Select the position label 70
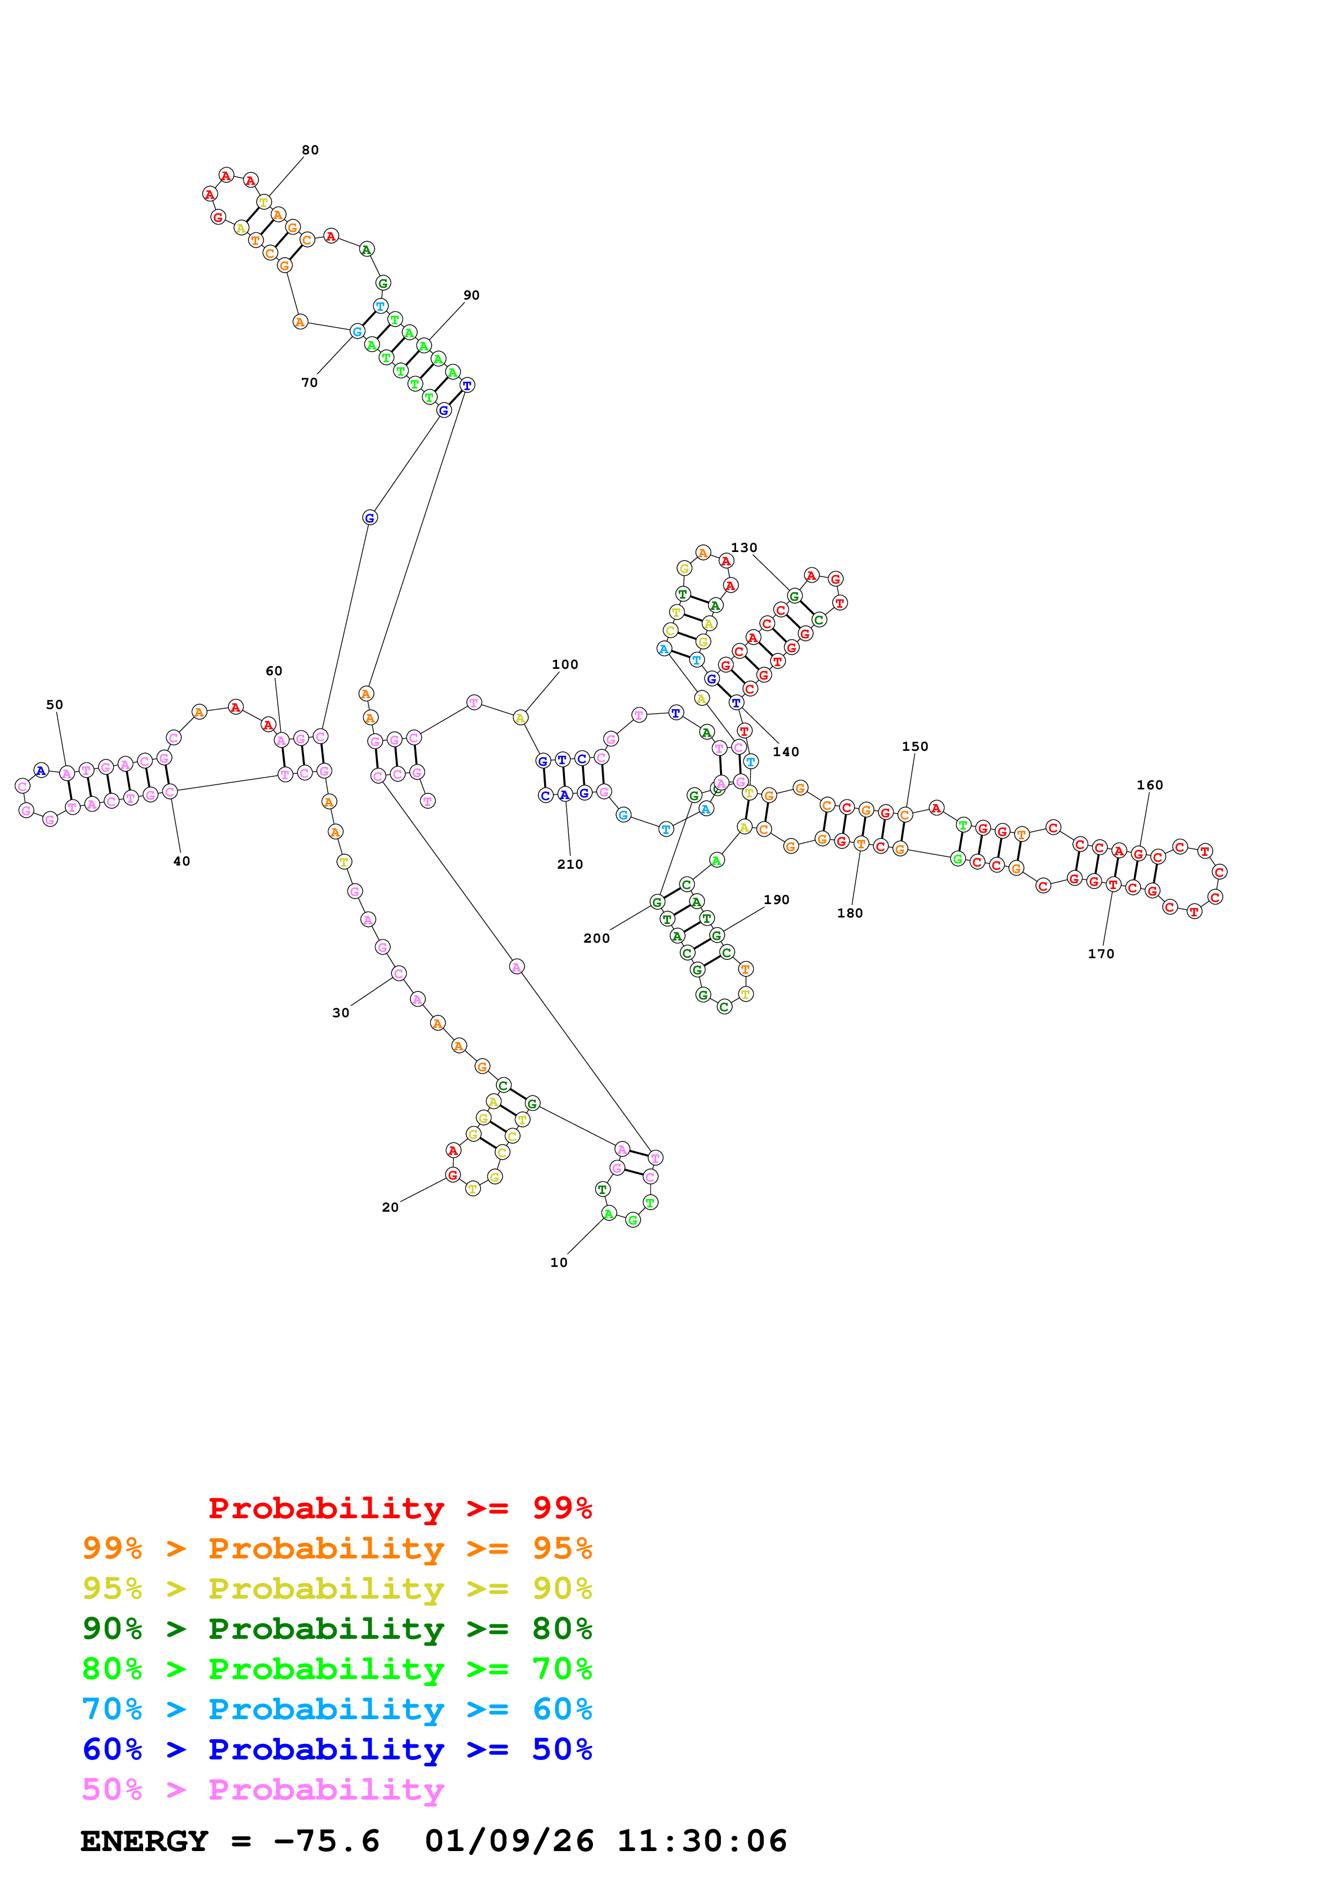[x=309, y=383]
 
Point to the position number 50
[x=54, y=704]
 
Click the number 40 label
[x=181, y=861]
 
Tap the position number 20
[x=390, y=1207]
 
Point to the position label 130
[x=744, y=547]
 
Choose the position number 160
[x=1149, y=785]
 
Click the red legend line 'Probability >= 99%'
[x=399, y=1508]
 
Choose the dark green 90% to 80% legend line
[x=337, y=1629]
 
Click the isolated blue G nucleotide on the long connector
[x=369, y=518]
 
